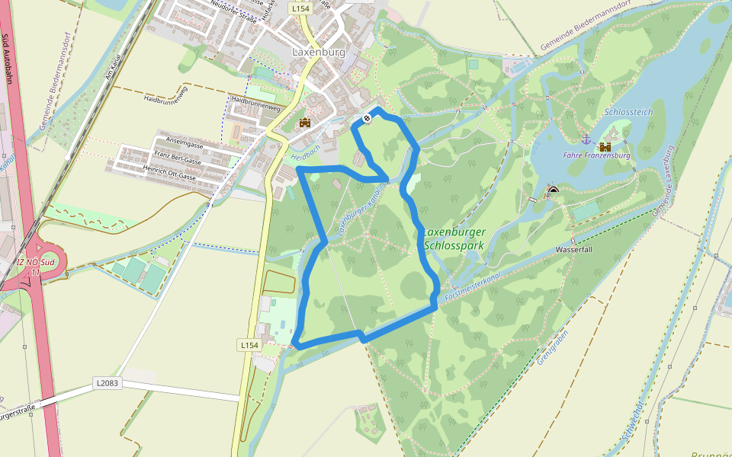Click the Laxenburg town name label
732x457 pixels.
pos(319,53)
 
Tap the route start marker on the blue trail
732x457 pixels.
pos(368,118)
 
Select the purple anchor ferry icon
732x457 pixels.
pos(586,139)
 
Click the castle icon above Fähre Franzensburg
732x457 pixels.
pos(605,146)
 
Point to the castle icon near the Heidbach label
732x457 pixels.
pos(305,123)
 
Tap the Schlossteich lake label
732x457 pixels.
pos(628,112)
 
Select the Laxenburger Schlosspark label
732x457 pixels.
pos(454,238)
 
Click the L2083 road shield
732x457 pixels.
pos(108,382)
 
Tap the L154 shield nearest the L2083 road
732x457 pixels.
pos(249,345)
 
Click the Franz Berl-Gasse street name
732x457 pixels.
pos(177,161)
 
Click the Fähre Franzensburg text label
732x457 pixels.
pos(597,155)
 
